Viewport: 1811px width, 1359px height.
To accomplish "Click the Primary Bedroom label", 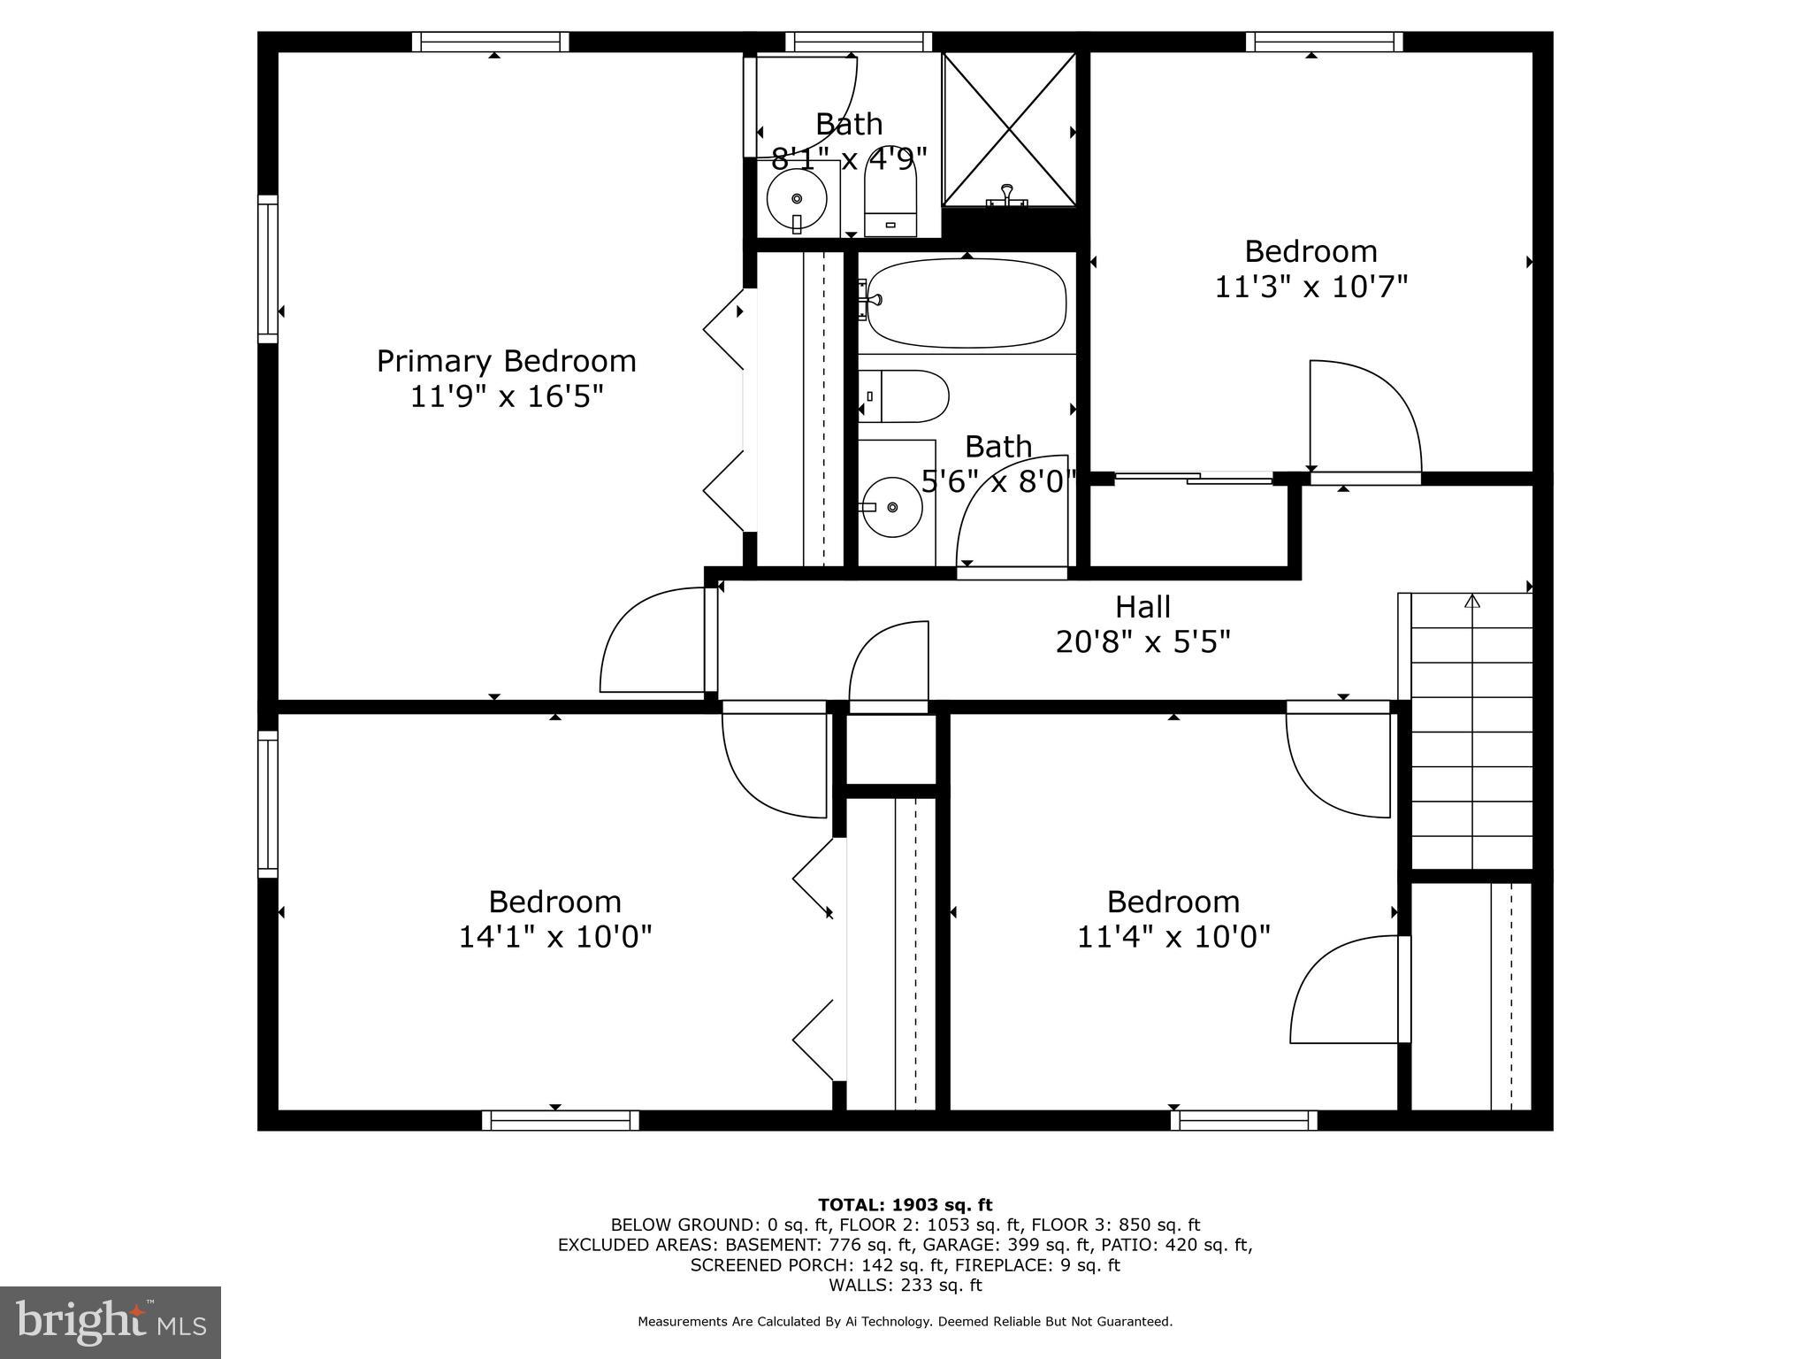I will pos(506,361).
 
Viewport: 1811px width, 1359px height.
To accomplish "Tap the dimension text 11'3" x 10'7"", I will pos(1310,288).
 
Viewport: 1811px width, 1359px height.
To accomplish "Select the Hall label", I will pos(1142,607).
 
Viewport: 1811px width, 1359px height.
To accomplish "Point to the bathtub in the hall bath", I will pos(966,303).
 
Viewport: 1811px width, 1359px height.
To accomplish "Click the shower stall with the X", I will pos(1009,129).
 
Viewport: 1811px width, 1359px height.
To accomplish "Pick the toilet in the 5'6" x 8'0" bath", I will pos(905,396).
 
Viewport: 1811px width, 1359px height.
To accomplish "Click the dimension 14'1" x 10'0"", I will pos(554,937).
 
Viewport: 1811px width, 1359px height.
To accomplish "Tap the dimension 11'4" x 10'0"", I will pos(1173,937).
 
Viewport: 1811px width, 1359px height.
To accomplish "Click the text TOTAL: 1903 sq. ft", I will pos(905,1205).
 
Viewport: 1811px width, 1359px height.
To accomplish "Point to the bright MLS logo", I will pos(111,1321).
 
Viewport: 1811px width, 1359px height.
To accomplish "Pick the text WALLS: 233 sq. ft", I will pos(905,1286).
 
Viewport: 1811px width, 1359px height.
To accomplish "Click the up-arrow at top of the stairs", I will pos(1471,602).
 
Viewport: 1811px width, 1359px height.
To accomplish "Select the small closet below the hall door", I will pos(890,749).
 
